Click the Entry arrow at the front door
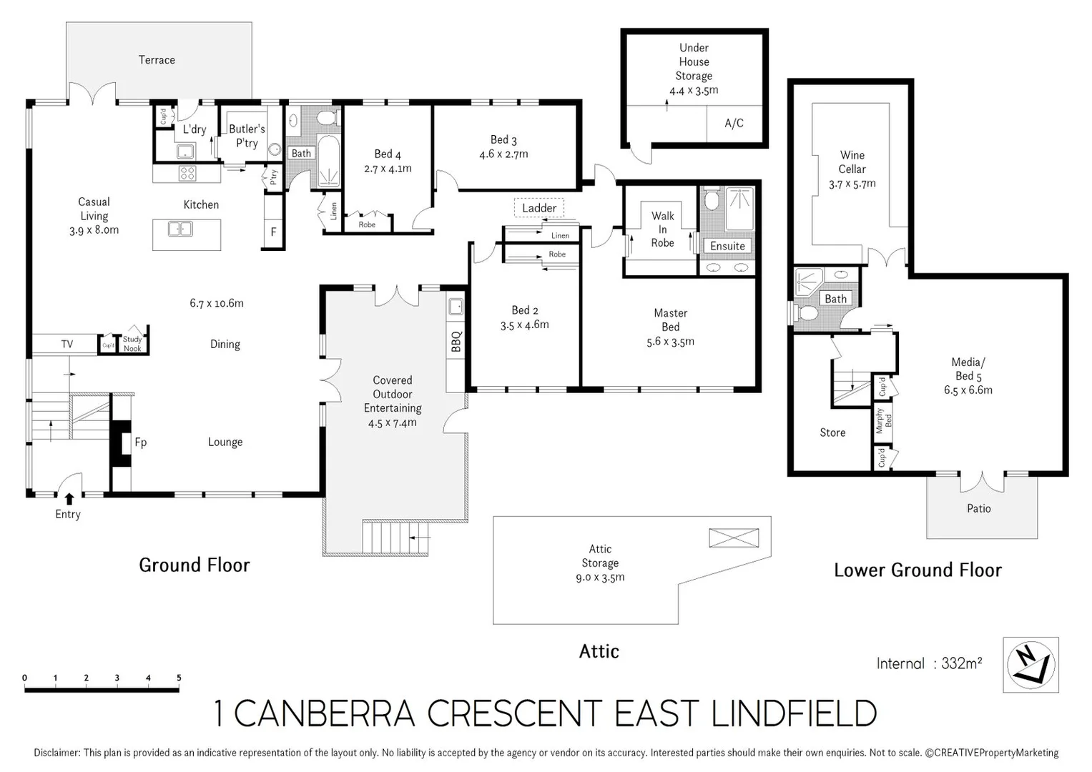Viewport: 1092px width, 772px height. [69, 499]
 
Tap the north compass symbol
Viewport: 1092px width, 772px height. [1030, 665]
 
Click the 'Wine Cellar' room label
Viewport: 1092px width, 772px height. [852, 162]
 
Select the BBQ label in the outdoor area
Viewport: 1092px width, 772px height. [456, 341]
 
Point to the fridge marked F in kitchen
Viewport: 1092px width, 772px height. [273, 232]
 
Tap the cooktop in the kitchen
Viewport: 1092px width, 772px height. [187, 172]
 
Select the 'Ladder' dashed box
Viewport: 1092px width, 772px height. [539, 208]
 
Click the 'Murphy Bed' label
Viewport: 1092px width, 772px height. [884, 421]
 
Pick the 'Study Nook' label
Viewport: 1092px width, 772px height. [132, 344]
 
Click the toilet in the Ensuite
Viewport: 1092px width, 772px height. [711, 200]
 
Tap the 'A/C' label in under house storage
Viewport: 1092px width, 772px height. [734, 123]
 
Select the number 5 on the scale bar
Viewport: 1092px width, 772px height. [179, 678]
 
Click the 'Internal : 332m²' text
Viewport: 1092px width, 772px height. [929, 663]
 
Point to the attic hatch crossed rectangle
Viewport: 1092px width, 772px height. [734, 538]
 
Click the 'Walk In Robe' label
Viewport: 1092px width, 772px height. [662, 229]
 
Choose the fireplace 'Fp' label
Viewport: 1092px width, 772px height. [141, 442]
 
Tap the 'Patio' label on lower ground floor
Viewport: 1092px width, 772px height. [978, 508]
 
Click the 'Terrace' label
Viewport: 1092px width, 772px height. [157, 60]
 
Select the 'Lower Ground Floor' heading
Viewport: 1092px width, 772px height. [918, 570]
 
